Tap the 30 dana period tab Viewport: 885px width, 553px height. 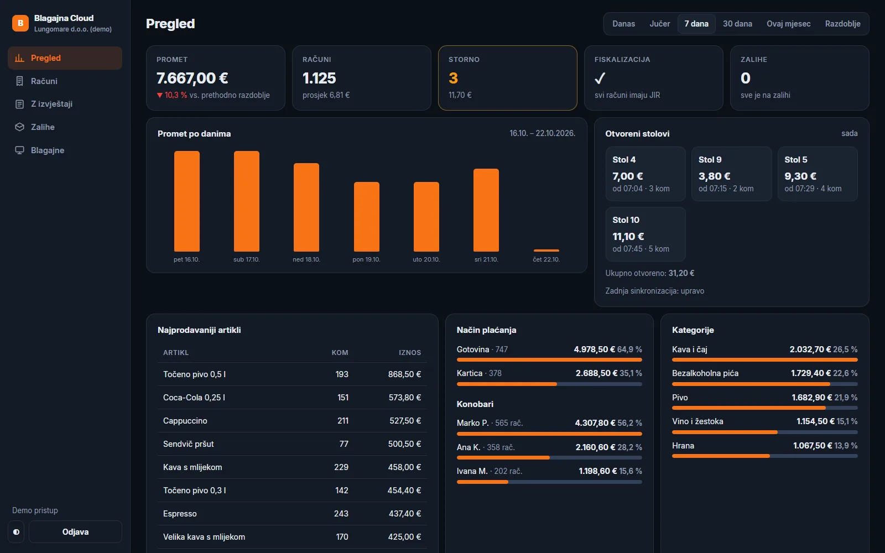[737, 24]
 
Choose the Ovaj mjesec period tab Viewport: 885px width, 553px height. [788, 24]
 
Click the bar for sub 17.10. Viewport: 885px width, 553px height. [247, 201]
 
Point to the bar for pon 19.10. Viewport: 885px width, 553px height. [367, 216]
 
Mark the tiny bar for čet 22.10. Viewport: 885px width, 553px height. [546, 251]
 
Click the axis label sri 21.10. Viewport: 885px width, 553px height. [486, 259]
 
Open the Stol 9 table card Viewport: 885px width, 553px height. [731, 174]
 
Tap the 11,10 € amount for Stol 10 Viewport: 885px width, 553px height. [628, 236]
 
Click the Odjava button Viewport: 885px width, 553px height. [75, 531]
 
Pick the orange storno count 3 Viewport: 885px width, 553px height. [453, 78]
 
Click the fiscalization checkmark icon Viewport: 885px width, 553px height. [600, 78]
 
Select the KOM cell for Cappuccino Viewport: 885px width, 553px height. [343, 421]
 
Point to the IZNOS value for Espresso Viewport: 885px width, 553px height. [405, 514]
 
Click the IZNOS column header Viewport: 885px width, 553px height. [410, 352]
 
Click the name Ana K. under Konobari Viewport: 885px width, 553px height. [468, 447]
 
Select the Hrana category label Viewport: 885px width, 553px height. [683, 446]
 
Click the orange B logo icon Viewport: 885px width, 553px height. [20, 23]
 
